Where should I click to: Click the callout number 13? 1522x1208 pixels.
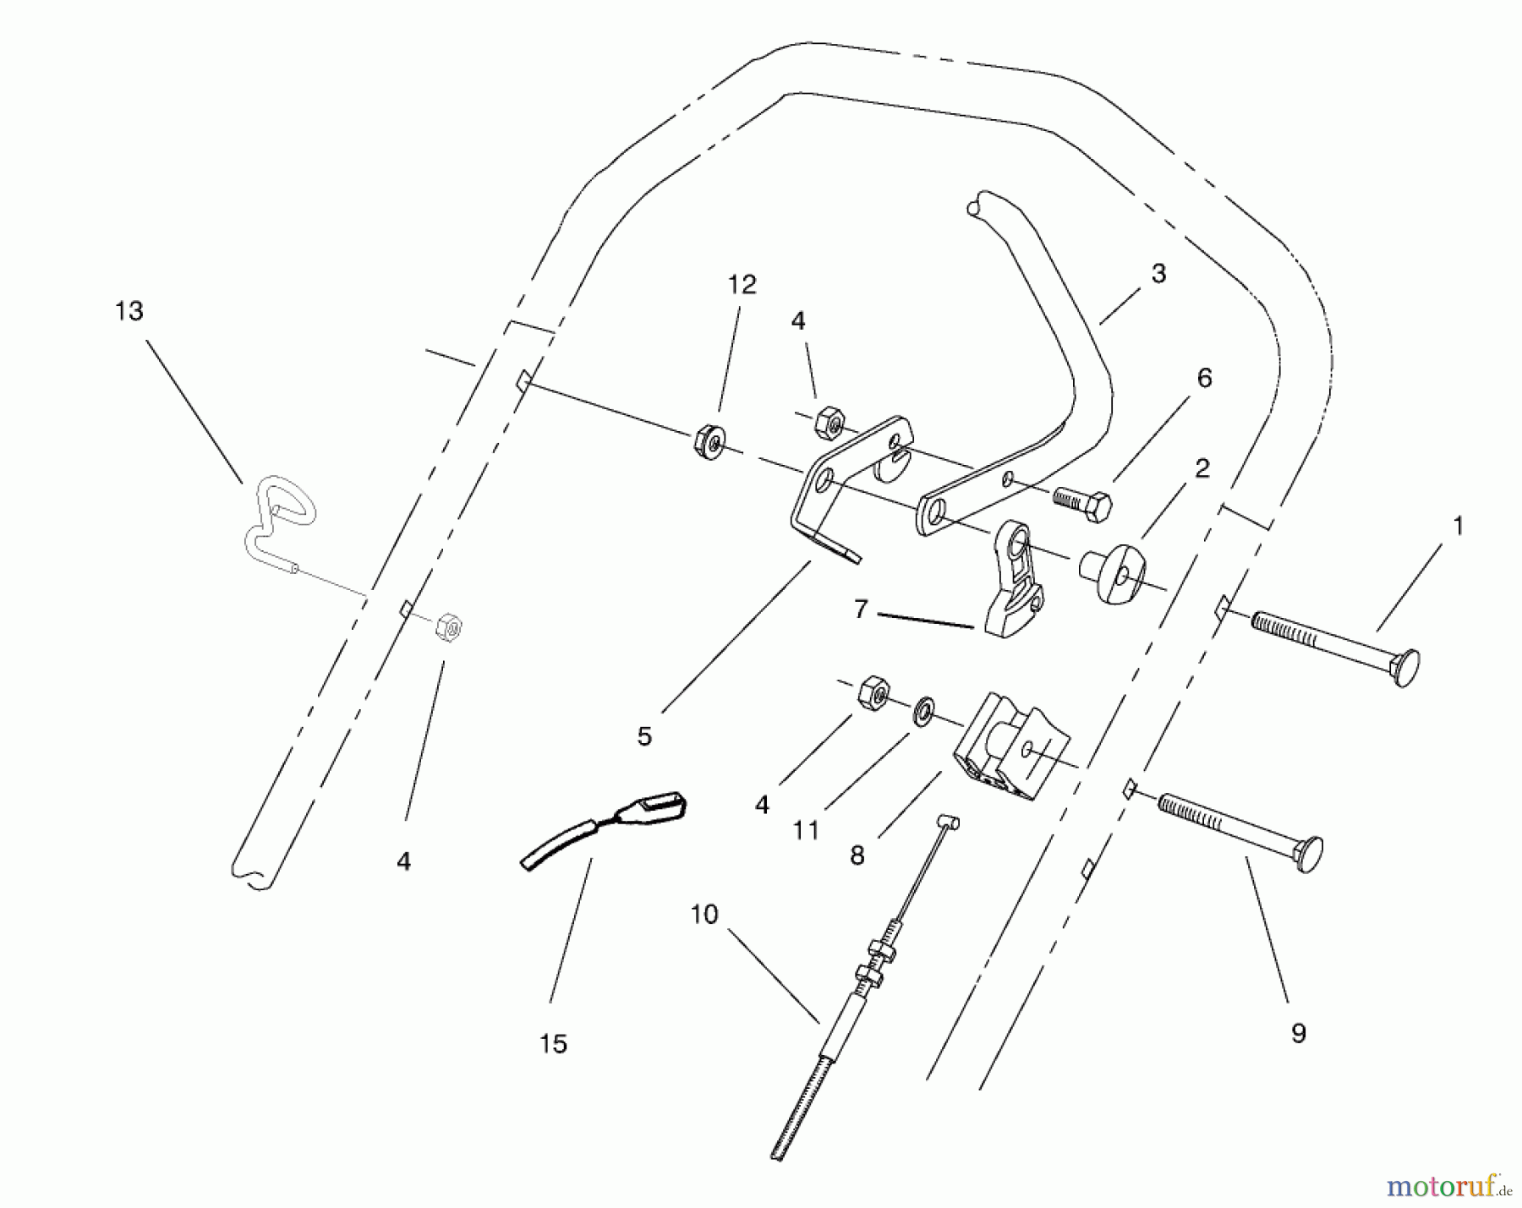[129, 312]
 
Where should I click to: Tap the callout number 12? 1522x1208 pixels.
[742, 285]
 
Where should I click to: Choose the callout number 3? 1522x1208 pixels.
[1158, 274]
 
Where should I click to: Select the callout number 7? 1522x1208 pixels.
[861, 609]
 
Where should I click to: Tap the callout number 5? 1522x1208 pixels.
[644, 737]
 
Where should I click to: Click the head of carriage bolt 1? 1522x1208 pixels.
[1404, 667]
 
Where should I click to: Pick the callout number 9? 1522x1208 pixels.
[1298, 1032]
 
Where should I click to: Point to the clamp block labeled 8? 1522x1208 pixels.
[1011, 748]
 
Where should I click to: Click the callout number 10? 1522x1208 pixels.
[704, 915]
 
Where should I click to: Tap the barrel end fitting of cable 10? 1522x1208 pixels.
[948, 822]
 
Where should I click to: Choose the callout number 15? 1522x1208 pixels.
[553, 1044]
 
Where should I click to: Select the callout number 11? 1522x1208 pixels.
[805, 831]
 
